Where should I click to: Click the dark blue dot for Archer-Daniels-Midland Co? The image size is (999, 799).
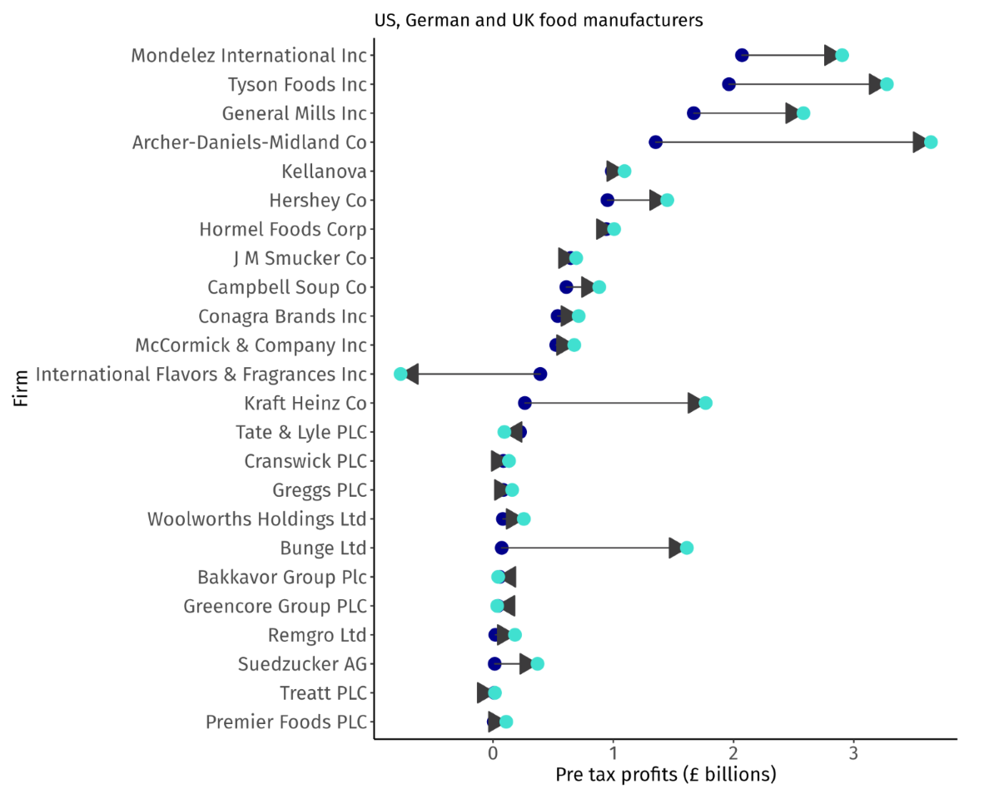pyautogui.click(x=655, y=142)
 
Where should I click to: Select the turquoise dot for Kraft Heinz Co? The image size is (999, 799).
pyautogui.click(x=705, y=404)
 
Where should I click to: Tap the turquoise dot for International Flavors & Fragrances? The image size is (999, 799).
pyautogui.click(x=400, y=375)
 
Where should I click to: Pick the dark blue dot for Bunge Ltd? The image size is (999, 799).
pyautogui.click(x=501, y=548)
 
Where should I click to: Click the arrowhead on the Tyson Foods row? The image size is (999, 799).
pyautogui.click(x=875, y=84)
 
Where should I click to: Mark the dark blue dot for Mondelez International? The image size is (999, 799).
pyautogui.click(x=742, y=55)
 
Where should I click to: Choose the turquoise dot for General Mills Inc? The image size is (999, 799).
pyautogui.click(x=803, y=113)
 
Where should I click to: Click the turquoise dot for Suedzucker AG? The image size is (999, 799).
pyautogui.click(x=537, y=664)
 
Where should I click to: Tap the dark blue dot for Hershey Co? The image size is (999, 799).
pyautogui.click(x=607, y=201)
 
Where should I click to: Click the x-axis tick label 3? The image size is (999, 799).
pyautogui.click(x=853, y=754)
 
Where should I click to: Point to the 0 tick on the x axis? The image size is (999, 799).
pyautogui.click(x=493, y=754)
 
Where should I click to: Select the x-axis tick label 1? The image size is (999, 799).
pyautogui.click(x=614, y=754)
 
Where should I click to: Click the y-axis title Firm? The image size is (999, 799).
pyautogui.click(x=21, y=388)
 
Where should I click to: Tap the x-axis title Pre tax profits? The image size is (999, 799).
pyautogui.click(x=665, y=776)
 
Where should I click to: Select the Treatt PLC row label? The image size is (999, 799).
pyautogui.click(x=323, y=693)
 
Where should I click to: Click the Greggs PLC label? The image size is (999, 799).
pyautogui.click(x=319, y=490)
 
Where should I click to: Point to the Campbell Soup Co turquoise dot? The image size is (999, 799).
pyautogui.click(x=598, y=287)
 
